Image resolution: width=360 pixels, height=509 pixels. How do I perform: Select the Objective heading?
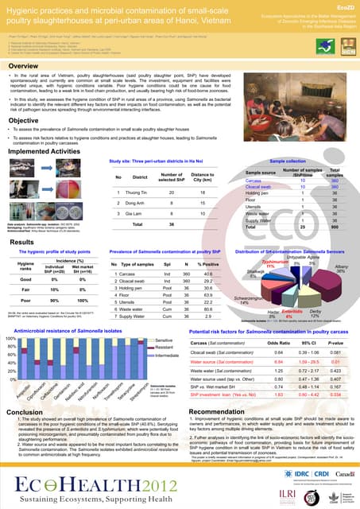click(x=25, y=120)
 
